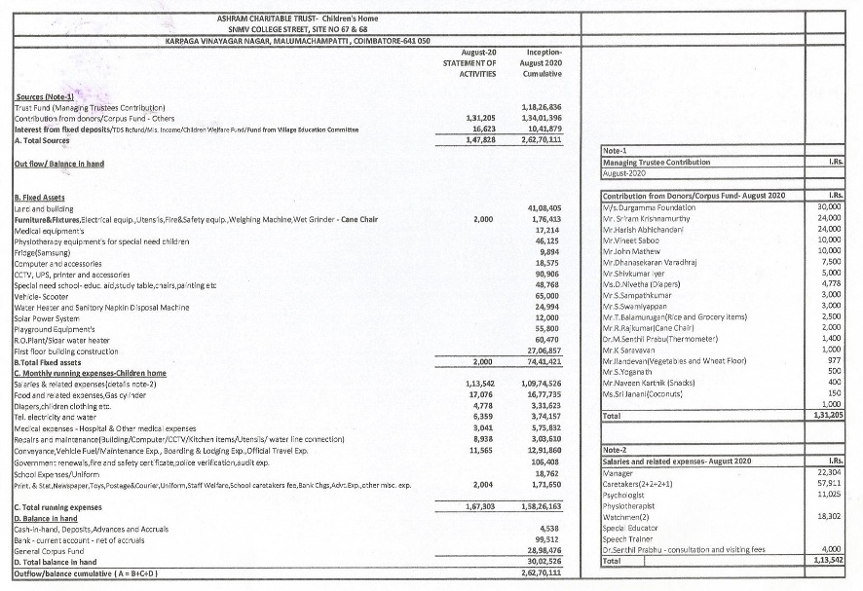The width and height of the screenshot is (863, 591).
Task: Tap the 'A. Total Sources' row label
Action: coord(43,140)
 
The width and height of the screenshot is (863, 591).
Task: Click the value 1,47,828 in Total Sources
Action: coord(479,140)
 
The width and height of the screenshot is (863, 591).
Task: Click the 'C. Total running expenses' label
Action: coord(59,507)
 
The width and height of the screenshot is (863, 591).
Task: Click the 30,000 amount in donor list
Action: coord(829,207)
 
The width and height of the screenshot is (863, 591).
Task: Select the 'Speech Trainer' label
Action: coord(628,536)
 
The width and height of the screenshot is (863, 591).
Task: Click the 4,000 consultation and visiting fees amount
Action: coord(831,549)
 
